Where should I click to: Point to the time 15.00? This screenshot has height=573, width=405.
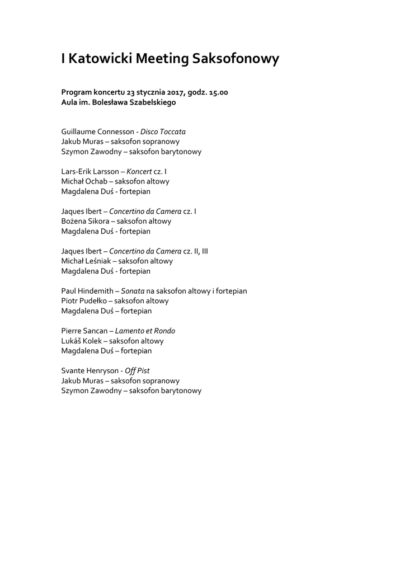click(x=218, y=92)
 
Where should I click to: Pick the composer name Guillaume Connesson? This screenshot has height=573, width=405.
click(x=97, y=131)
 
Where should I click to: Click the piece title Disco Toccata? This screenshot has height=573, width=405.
click(x=163, y=131)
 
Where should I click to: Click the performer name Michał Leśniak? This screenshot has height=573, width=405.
click(x=86, y=261)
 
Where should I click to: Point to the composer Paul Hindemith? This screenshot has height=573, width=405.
click(x=87, y=291)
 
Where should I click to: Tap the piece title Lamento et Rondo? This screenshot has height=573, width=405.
click(x=149, y=331)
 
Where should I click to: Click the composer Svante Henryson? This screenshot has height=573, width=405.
click(x=89, y=370)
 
